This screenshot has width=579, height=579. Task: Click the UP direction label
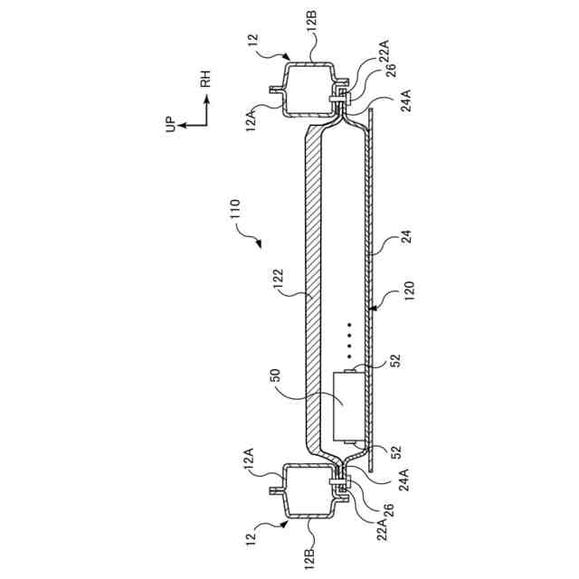pyautogui.click(x=170, y=125)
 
